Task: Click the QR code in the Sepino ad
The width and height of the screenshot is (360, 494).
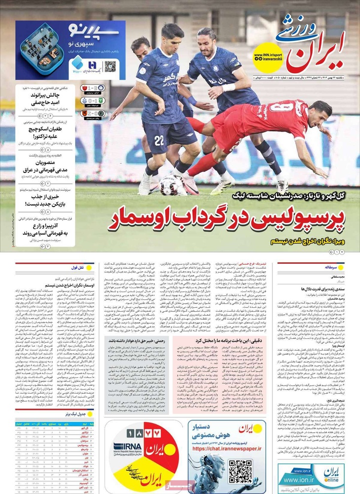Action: pos(110,66)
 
